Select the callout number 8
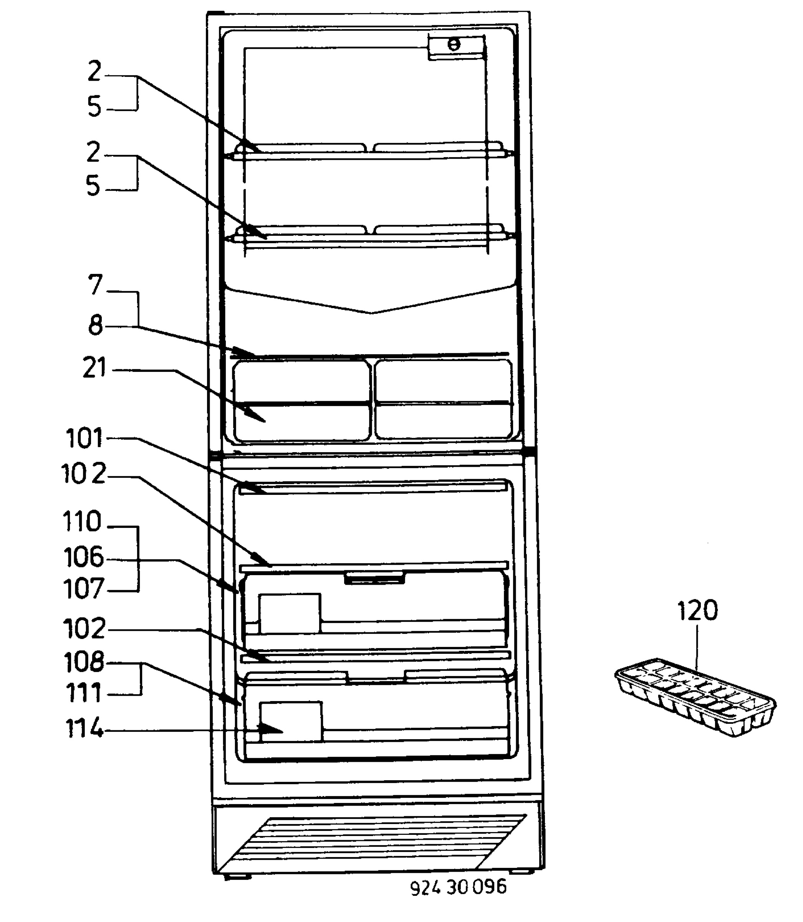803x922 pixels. (95, 325)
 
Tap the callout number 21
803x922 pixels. (94, 368)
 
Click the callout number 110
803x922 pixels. (83, 522)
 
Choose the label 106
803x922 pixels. (84, 557)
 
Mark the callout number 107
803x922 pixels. (84, 589)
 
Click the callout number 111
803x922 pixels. (84, 693)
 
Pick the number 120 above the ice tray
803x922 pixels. (698, 610)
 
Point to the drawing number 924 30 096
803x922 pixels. (459, 887)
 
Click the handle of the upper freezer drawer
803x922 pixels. (374, 578)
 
